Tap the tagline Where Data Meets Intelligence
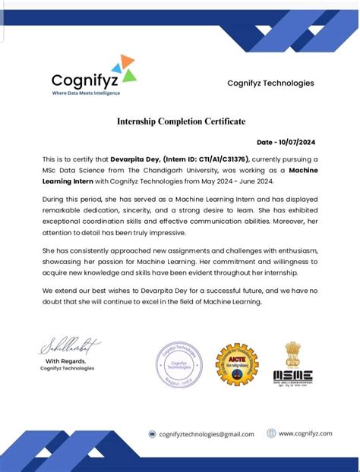[86, 93]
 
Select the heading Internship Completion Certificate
[181, 121]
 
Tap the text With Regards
[68, 360]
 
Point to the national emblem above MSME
[292, 352]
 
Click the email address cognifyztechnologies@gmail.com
[207, 434]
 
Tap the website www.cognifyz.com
[305, 433]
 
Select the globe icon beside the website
[271, 433]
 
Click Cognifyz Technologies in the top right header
[270, 83]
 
